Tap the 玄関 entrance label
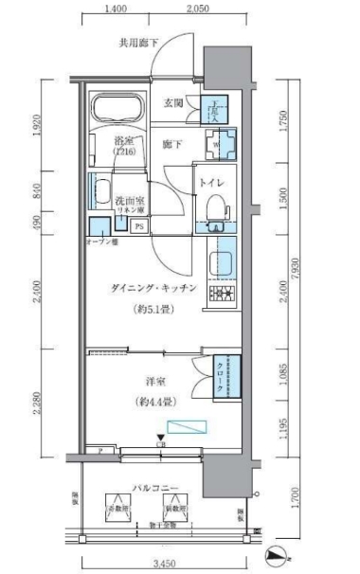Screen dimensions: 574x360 coord(173,104)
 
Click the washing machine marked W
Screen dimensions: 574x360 coord(217,146)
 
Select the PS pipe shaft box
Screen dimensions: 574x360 coord(138,226)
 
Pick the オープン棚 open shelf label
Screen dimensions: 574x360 coord(100,241)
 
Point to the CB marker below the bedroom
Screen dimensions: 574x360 coord(160,442)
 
